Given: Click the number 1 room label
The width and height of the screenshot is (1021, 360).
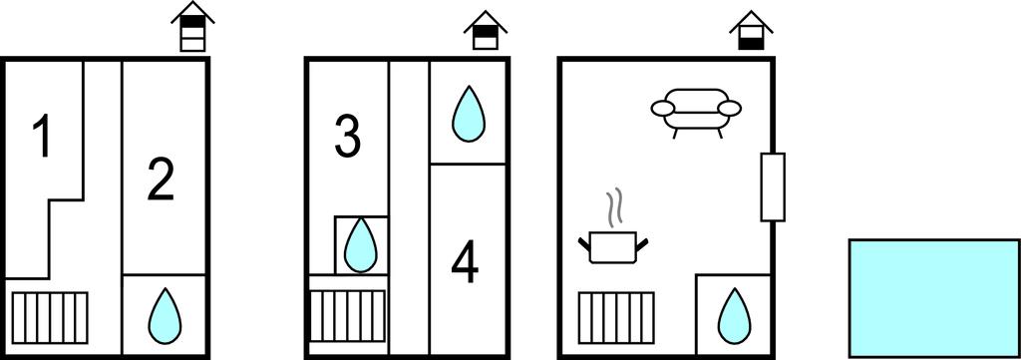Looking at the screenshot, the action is [x=42, y=136].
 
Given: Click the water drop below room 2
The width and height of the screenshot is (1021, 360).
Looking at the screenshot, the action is [x=165, y=316].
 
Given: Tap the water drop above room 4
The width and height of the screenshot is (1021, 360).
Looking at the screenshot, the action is [x=469, y=114].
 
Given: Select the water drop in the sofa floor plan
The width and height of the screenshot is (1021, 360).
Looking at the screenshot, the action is [x=734, y=316].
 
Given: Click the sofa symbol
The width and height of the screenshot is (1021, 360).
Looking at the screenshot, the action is [x=697, y=112].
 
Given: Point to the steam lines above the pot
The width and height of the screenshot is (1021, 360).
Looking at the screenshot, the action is [x=613, y=208].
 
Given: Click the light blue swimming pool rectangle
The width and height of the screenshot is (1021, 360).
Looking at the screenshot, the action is [x=933, y=297].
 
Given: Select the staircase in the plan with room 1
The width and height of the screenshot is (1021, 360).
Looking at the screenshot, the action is [x=50, y=317].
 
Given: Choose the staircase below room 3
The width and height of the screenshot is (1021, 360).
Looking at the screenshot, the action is [x=347, y=316].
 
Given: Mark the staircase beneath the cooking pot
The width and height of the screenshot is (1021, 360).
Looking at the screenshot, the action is [x=616, y=316].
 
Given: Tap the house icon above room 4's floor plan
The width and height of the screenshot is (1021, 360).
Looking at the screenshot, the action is [x=486, y=30].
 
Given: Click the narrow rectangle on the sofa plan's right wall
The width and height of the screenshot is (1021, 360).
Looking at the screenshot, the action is [x=773, y=186].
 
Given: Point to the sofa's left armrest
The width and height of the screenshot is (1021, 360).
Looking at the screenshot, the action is [x=664, y=109].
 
